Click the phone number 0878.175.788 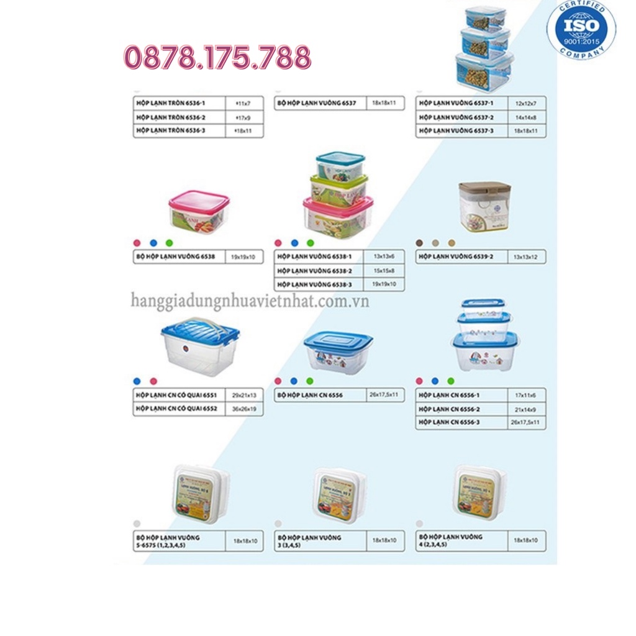point(217,58)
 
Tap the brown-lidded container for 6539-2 point(484,206)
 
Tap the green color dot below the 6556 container point(310,381)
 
